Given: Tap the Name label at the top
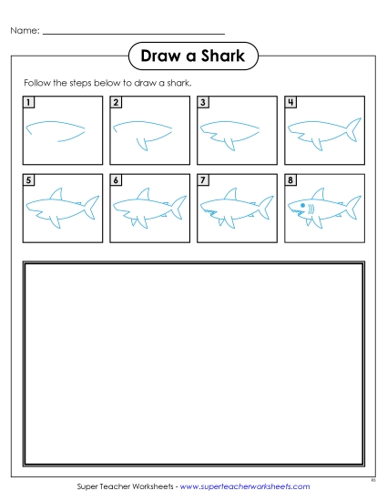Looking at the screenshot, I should (x=25, y=31).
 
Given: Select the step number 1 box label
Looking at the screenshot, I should (x=28, y=102).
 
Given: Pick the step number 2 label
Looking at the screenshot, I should (x=116, y=102).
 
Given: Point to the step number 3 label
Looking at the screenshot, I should (x=203, y=102).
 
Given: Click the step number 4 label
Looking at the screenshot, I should (x=290, y=102).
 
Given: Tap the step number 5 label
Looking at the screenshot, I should (x=28, y=180).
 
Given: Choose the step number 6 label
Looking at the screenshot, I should (x=116, y=180).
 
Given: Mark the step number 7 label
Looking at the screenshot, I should (x=203, y=180).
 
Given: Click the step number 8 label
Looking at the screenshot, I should (x=290, y=180).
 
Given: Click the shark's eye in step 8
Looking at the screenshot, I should (x=303, y=206).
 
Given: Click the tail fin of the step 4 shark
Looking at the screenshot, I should (x=350, y=133).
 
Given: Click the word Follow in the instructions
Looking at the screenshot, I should (x=37, y=82).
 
